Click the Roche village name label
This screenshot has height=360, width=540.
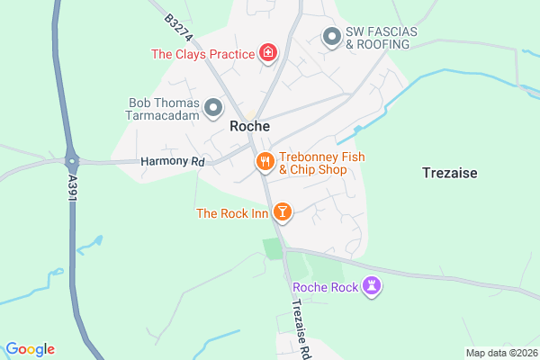[250, 127]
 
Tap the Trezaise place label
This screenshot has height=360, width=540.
[449, 171]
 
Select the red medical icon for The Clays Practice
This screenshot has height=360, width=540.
[267, 54]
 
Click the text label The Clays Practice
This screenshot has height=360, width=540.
[202, 54]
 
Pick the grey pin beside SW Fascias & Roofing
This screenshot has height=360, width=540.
[331, 37]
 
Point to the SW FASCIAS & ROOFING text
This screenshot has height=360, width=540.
[382, 37]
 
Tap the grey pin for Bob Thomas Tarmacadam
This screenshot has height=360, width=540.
[213, 109]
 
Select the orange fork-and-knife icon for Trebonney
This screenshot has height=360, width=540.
[265, 162]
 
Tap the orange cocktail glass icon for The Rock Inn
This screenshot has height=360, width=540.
[283, 212]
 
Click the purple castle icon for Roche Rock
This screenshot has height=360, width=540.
[373, 287]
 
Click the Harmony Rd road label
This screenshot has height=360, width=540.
[174, 162]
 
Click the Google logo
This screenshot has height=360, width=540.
[30, 349]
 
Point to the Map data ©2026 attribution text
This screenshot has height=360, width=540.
[500, 353]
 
